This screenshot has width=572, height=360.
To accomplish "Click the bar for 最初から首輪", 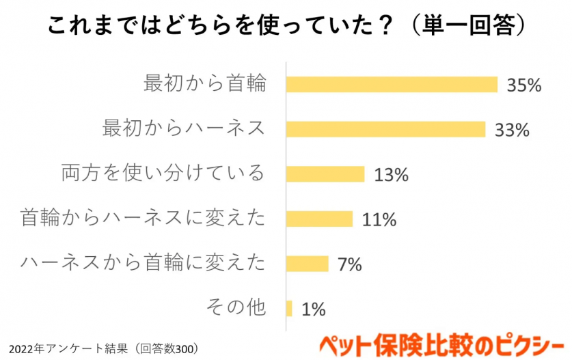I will coord(392,84).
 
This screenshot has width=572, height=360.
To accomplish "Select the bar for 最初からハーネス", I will coord(385,129).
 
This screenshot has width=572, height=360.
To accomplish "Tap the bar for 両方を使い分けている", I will coord(325,174).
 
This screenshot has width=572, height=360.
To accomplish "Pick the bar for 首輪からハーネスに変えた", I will coord(319,219).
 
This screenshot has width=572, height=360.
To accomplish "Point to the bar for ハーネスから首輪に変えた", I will coord(308,264).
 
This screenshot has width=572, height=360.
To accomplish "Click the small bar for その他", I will coord(290,309).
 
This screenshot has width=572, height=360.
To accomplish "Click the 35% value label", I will coord(524,85).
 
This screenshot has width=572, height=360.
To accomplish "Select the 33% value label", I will coord(513,130).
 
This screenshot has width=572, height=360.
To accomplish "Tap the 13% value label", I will coord(391,175).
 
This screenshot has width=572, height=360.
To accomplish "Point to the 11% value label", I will coord(379,220).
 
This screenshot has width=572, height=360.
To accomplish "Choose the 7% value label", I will coord(349,264).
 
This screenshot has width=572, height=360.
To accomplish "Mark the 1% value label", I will coord(313,309).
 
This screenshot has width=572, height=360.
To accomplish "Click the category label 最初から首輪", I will coord(204,84).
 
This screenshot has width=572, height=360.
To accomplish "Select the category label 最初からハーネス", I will coord(183,128).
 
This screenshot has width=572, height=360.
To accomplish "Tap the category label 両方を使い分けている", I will coord(163,174).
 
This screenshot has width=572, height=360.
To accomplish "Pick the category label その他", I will coord(235,308).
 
